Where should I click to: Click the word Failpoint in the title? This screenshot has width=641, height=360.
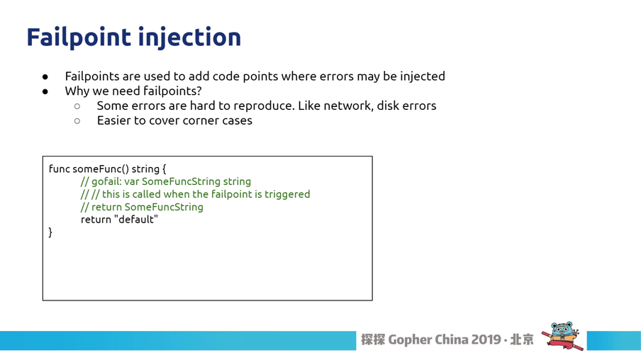pos(79,37)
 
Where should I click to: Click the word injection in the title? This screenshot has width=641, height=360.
pos(190,37)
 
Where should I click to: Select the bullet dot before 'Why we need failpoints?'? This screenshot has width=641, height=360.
pos(45,91)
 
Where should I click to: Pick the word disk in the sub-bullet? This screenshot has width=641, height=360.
pos(388,106)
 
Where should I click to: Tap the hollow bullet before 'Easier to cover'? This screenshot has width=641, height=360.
pos(77,121)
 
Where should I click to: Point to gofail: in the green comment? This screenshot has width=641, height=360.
pos(106,181)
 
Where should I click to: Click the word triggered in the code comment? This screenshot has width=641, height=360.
pos(287,194)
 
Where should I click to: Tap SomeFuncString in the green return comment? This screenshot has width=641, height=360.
pos(164,207)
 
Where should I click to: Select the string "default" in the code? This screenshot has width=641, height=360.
pos(136,220)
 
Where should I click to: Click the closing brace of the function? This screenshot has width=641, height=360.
pos(50,232)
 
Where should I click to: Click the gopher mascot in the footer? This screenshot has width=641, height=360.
pos(562,335)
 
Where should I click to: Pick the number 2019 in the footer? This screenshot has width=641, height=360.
pos(486,339)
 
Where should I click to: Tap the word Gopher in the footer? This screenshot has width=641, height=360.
pos(410,340)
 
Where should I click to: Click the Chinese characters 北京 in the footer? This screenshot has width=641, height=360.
pos(522,339)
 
